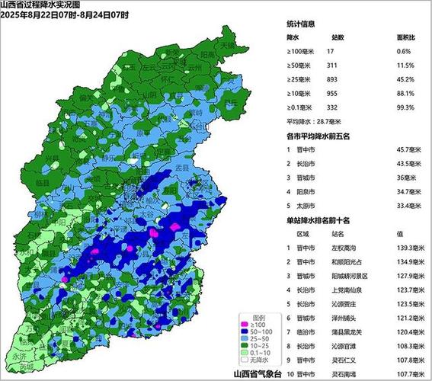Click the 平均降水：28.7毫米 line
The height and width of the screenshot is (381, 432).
coord(313,122)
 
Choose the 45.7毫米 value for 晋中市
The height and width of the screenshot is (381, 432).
coord(400,151)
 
